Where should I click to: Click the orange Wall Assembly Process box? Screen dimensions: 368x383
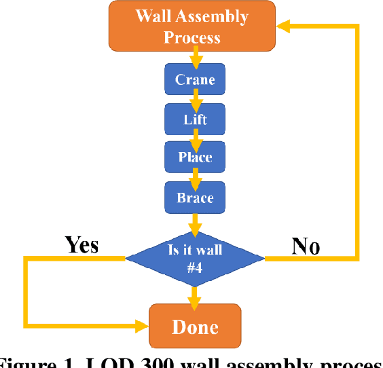tap(192, 26)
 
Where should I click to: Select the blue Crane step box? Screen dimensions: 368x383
tap(194, 80)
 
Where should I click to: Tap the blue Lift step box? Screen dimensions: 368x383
tap(194, 120)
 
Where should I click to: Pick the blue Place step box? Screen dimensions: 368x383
tap(194, 158)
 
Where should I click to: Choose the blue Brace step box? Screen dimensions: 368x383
tap(194, 198)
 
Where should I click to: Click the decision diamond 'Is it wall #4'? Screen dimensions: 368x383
tap(195, 258)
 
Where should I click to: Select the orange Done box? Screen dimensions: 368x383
tap(195, 327)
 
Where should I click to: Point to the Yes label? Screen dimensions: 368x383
tap(81, 244)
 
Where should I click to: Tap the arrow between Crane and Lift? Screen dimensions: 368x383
tap(195, 100)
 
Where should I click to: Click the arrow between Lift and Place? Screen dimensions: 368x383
tap(195, 139)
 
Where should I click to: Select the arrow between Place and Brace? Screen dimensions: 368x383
tap(195, 178)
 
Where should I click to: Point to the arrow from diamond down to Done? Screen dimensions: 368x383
tap(195, 293)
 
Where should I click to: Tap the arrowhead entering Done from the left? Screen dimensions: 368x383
tap(143, 327)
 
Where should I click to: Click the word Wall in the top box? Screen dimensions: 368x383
tap(154, 16)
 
